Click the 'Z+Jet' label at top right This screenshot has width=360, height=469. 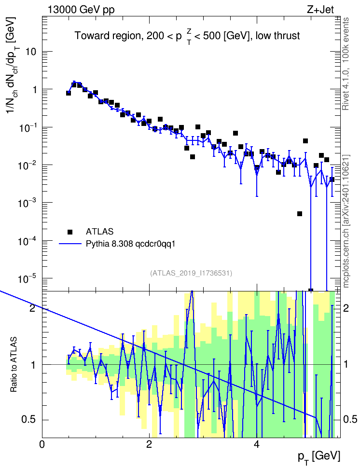click(320, 10)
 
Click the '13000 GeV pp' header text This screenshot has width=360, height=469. click(81, 10)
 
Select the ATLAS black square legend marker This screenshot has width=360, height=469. click(70, 232)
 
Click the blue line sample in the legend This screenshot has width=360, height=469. click(70, 244)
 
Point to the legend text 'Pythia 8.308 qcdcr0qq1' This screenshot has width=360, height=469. click(130, 244)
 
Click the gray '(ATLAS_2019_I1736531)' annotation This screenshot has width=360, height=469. click(191, 273)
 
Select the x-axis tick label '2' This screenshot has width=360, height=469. click(149, 444)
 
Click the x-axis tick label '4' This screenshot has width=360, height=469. click(256, 444)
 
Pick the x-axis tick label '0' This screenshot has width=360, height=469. click(42, 444)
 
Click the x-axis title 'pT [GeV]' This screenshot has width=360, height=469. click(319, 457)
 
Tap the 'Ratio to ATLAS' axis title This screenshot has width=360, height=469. click(14, 365)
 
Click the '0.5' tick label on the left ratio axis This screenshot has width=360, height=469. click(29, 420)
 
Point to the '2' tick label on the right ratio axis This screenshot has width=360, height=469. click(346, 308)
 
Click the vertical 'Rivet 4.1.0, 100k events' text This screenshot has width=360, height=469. click(346, 64)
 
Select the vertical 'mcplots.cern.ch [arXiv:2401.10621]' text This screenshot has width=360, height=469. click(346, 221)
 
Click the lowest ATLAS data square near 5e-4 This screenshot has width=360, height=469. click(300, 214)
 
